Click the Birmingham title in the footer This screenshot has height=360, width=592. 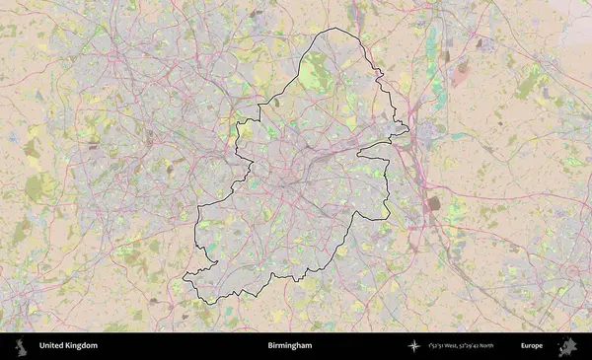pos(289,346)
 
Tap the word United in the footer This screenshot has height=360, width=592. pos(52,346)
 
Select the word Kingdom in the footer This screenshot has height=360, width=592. pos(82,346)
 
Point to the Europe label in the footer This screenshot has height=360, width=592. pos(532,346)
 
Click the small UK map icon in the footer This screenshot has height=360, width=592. pos(19,346)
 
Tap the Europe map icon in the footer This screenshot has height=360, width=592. pos(566,346)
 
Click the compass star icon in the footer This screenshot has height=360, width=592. pos(414,346)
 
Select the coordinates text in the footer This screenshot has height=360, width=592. pos(461,346)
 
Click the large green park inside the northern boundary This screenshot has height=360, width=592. pos(318,72)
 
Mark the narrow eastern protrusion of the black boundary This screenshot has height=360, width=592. pos(404,128)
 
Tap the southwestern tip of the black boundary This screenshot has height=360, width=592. pos(186,279)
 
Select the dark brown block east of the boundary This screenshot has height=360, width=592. pos(434,203)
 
